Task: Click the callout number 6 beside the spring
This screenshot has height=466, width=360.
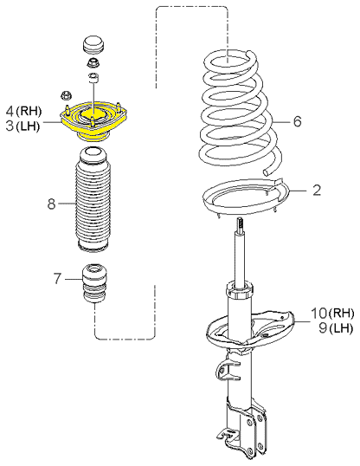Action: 297,121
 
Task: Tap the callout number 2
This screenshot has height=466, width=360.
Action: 317,190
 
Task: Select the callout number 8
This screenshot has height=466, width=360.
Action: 51,204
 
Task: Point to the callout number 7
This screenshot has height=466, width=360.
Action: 58,278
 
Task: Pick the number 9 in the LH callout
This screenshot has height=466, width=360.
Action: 323,328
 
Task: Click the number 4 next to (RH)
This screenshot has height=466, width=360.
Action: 10,111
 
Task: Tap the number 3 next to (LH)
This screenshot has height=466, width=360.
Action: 10,126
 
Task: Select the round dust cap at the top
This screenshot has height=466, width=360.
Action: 93,45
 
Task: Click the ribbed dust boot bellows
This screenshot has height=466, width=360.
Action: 93,200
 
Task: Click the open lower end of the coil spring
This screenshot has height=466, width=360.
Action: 267,172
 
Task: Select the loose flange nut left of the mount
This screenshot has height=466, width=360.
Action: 66,95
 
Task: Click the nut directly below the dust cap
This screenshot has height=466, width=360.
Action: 93,62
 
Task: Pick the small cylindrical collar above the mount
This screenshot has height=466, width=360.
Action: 93,77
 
